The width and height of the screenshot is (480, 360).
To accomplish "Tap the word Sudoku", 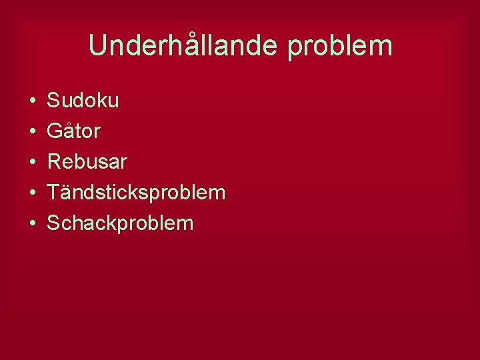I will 83,101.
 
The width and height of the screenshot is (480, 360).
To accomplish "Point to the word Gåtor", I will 73,131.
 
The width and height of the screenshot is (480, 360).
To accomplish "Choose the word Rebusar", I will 87,162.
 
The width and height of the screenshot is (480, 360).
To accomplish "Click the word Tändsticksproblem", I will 136,193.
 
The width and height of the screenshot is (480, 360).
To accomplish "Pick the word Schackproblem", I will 120,223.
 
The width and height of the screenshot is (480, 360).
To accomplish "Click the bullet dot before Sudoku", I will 32,101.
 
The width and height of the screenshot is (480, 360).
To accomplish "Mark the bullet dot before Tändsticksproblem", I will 32,193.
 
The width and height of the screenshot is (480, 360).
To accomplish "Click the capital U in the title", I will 98,46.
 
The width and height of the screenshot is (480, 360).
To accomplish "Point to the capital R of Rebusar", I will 55,162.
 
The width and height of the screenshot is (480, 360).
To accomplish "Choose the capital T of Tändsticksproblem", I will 53,193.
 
